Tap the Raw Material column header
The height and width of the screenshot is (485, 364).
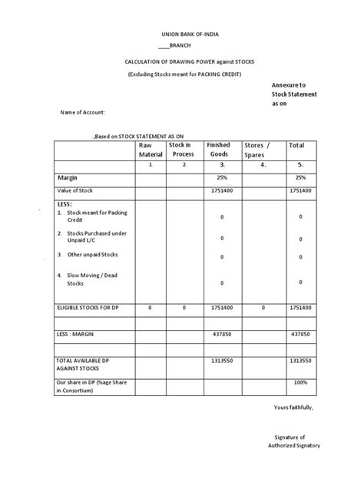coord(151,150)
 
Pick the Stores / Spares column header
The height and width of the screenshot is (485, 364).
coord(257,150)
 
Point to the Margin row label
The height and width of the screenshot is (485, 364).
coord(68,177)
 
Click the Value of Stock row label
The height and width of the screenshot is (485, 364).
coord(76,191)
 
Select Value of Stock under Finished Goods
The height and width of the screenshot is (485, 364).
coord(221,191)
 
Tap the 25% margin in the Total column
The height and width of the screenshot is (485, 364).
coord(300,177)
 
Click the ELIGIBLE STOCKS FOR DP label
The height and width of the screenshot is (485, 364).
coord(88,307)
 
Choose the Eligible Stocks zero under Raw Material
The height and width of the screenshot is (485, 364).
coord(151,307)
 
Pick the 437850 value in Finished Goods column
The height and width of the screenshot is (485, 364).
coord(221,335)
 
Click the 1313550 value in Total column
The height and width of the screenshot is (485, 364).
coord(300,360)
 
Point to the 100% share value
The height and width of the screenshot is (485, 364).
coord(300,381)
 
